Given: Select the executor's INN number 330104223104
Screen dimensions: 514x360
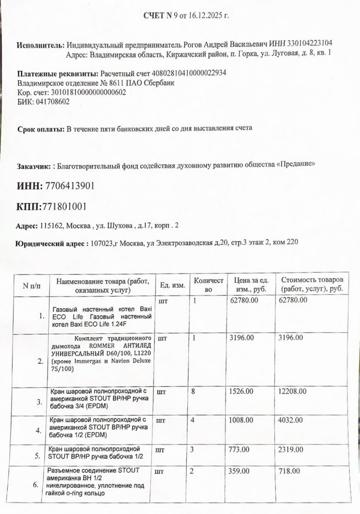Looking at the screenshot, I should point(311,43).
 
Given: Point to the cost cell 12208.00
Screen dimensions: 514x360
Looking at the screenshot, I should point(292,391).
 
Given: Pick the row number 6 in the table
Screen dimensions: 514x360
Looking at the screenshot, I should point(35,484).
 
